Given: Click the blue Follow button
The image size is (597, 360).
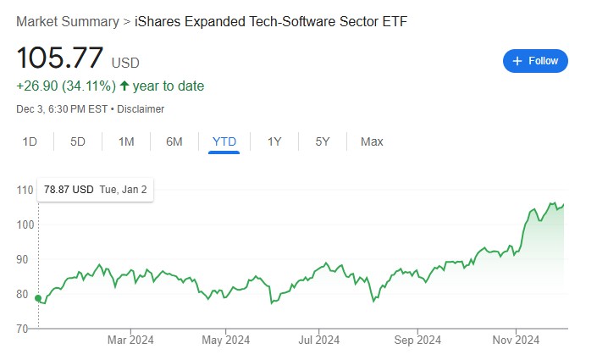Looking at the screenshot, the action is pos(535,61).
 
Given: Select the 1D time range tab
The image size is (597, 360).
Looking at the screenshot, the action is pos(30,141).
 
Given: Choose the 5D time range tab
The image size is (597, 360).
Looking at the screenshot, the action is pos(78,141).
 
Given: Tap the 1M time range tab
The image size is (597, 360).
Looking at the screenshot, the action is pos(126,141).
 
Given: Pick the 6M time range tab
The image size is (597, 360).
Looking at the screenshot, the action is pos(174,141).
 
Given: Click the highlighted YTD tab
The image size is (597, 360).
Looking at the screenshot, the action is pos(224,141).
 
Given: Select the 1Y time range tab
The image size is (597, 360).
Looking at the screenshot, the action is pos(274,141).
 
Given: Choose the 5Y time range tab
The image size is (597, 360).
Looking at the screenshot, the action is pos(322,141).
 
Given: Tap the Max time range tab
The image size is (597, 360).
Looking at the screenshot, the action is pos(372,141).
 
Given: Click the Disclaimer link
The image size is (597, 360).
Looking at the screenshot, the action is pos(141,109).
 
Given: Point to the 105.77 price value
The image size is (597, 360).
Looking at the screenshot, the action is pos(60,58).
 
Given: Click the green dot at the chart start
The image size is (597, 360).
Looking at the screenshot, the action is pos(38,298).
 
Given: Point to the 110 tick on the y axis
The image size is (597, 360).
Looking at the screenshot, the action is pos(25,190).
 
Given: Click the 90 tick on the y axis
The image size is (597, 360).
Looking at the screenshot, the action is pos(22,259).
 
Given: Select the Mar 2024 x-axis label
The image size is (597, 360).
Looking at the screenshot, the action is pos(130,340).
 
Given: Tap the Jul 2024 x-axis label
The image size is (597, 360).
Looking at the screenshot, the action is pos(319,340).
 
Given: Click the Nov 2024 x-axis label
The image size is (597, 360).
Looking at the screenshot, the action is pos(516,340).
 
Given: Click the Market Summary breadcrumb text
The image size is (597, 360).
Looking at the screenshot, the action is pos(68,22).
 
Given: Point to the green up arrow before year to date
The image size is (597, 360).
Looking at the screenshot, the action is pos(124,86).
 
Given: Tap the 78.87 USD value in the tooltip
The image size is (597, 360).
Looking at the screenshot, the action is pos(69,190).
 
